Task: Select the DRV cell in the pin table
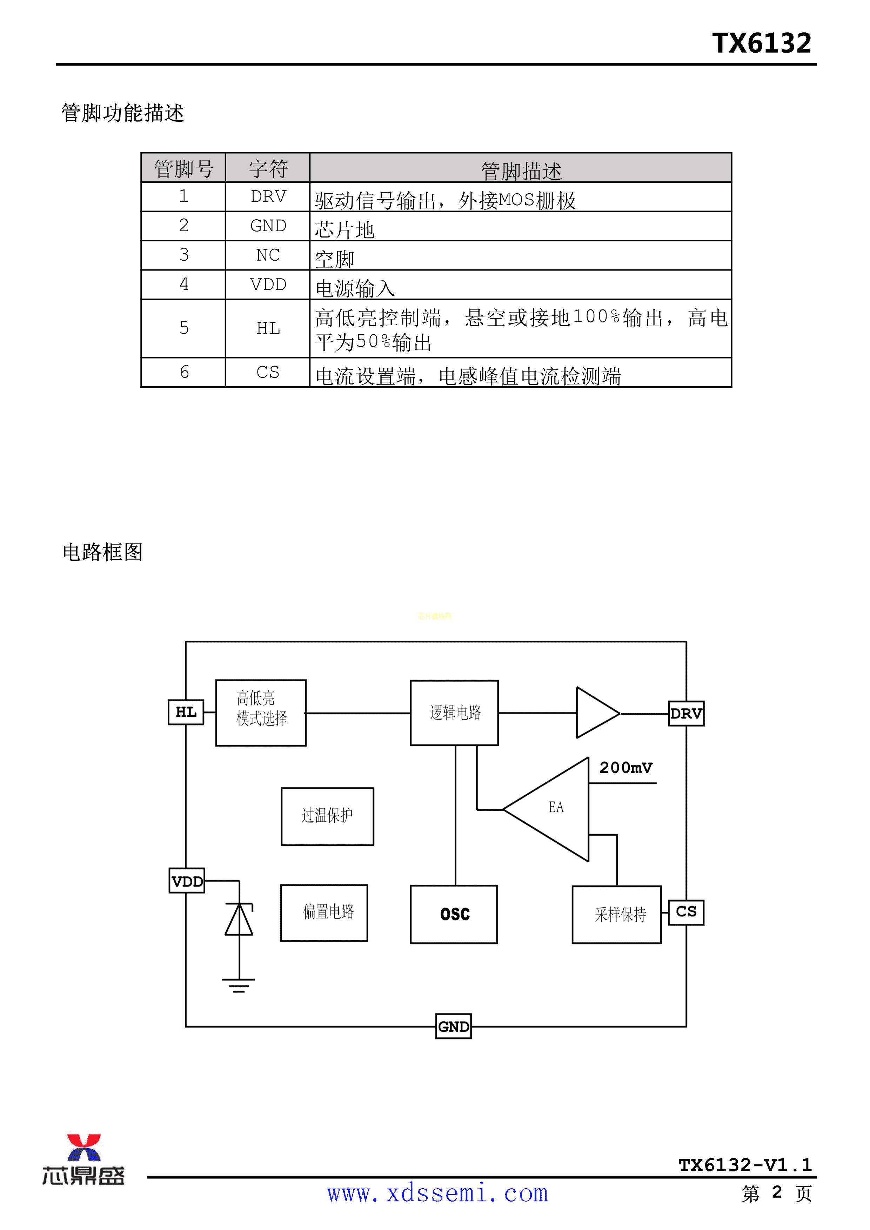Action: point(268,196)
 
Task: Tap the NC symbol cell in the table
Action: point(268,255)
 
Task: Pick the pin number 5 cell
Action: point(184,328)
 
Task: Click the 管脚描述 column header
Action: point(521,170)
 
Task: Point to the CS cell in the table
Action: point(268,372)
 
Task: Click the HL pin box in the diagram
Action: point(186,712)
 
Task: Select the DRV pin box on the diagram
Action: point(686,714)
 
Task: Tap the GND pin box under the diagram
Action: point(453,1026)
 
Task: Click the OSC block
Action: point(454,914)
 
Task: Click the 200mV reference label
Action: point(626,768)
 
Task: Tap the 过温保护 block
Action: point(327,816)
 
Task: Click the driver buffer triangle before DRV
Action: point(595,713)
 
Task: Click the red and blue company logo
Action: point(83,1159)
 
